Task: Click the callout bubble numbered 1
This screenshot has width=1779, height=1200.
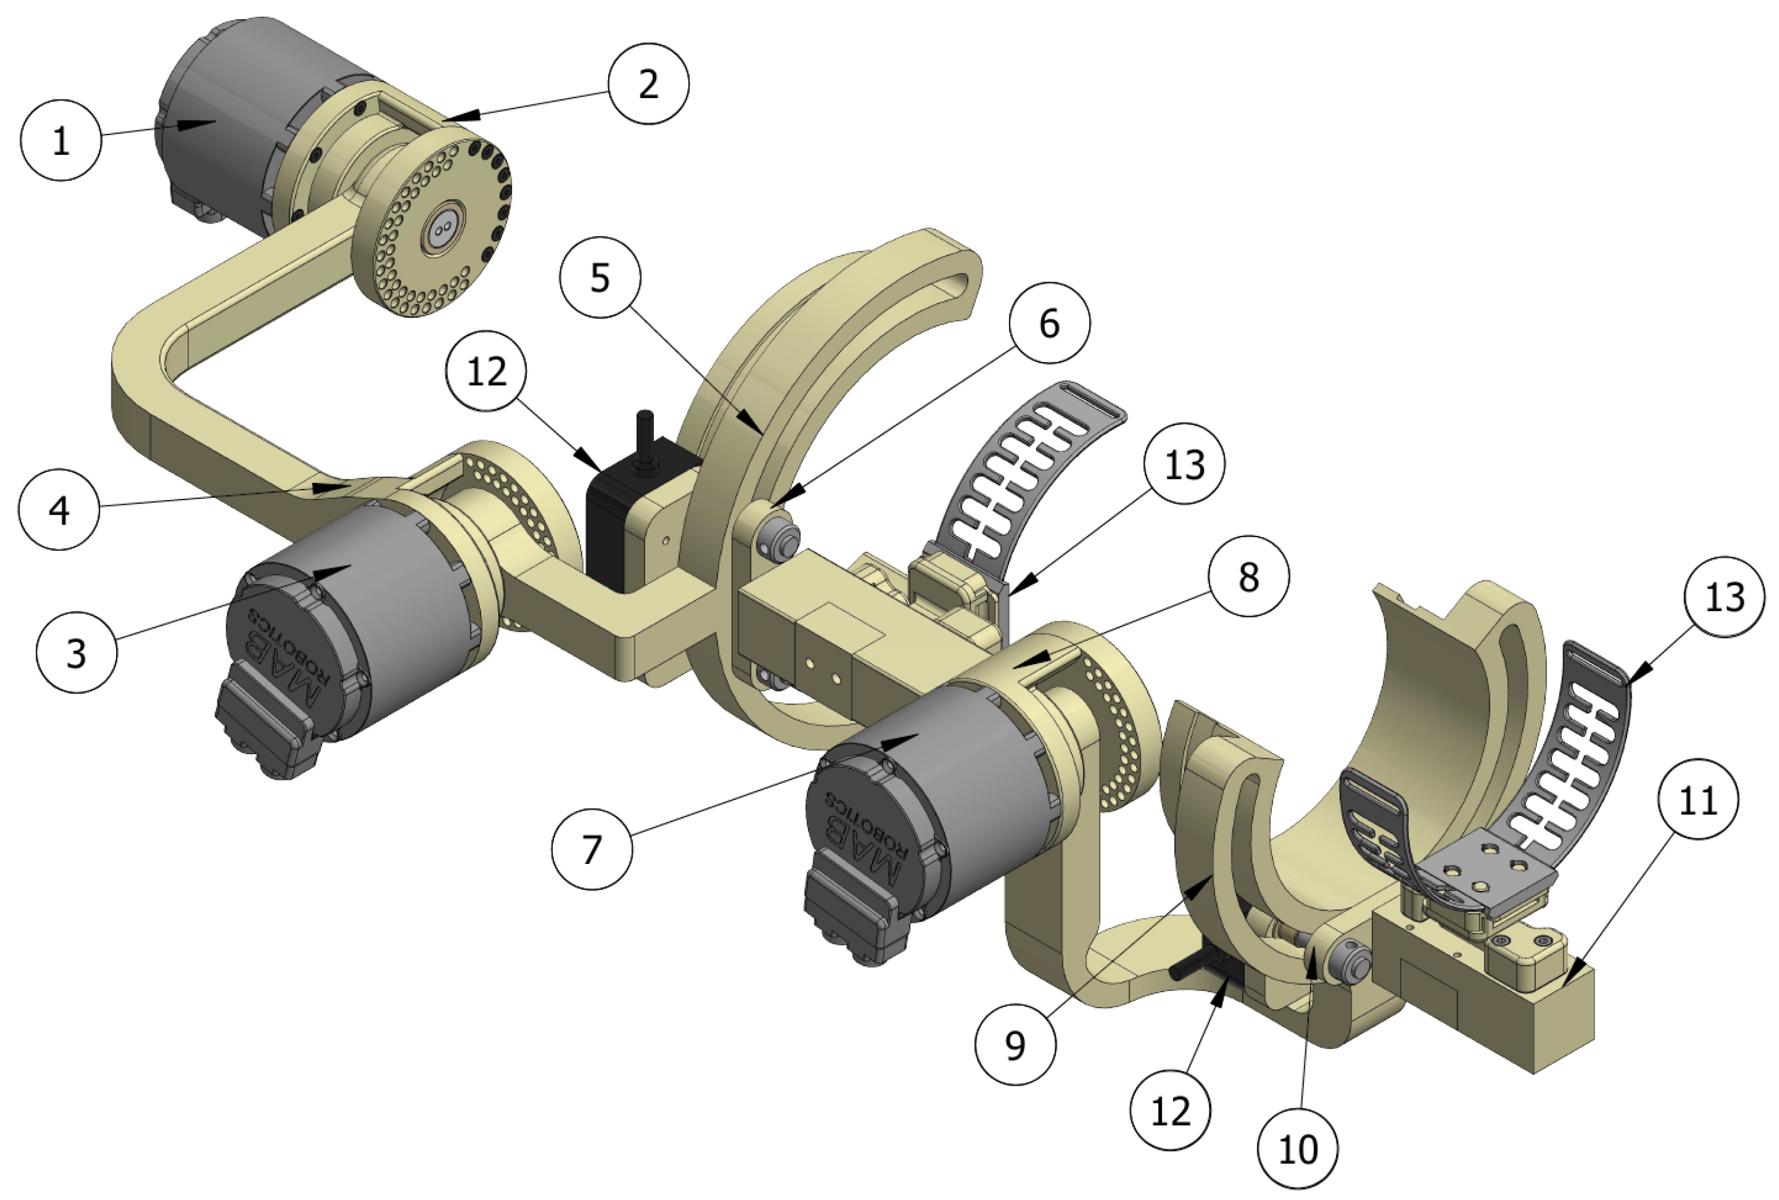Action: tap(61, 141)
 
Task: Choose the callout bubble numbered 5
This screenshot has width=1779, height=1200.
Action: tap(600, 277)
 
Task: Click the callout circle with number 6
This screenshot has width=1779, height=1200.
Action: tap(1049, 324)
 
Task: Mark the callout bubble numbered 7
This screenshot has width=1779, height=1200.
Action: tap(591, 849)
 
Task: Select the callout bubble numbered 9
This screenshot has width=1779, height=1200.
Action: tap(1015, 1044)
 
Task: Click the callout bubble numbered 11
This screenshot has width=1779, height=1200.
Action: tap(1698, 800)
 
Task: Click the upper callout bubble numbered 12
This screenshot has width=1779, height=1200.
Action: tap(487, 371)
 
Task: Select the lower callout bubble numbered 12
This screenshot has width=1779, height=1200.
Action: tap(1170, 1110)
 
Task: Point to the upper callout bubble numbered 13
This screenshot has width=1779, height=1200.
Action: tap(1184, 464)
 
